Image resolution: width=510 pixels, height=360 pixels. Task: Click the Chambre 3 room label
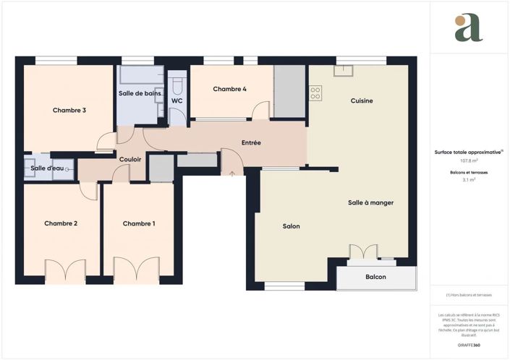(69, 111)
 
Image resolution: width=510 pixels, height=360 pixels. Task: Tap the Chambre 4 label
(229, 89)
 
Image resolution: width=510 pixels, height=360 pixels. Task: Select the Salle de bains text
(140, 94)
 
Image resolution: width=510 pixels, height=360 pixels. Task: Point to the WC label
(177, 100)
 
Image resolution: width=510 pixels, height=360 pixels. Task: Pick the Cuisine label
(362, 100)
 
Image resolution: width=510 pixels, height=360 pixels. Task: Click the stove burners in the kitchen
(315, 93)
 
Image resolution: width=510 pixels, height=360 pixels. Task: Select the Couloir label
(130, 159)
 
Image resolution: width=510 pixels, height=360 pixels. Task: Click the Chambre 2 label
(61, 223)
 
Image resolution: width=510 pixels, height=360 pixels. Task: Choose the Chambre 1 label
(139, 223)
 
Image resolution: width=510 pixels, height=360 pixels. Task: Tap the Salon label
(291, 226)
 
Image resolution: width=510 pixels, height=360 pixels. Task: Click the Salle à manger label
(370, 202)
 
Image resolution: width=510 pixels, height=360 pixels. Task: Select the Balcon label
(375, 277)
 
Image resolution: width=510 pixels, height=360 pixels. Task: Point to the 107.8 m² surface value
(469, 160)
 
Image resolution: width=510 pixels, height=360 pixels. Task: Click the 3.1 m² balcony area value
(469, 180)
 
